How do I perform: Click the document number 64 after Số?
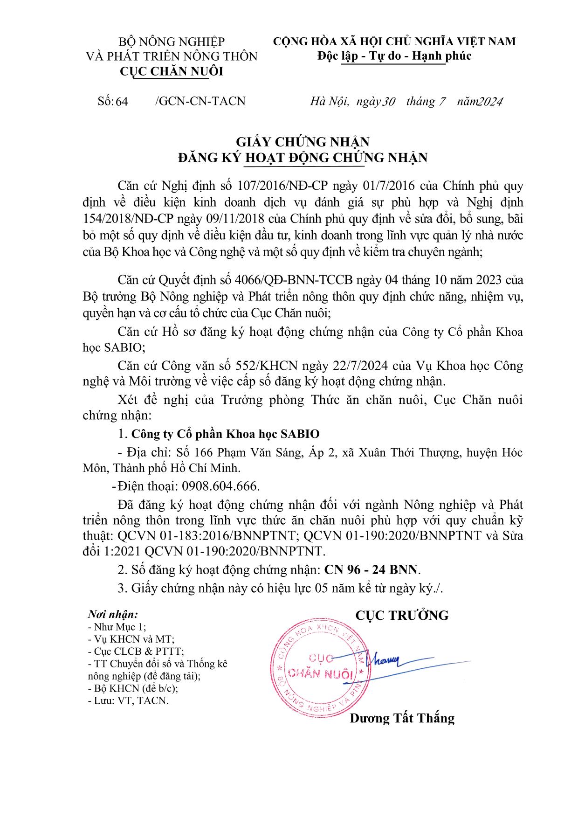[122, 101]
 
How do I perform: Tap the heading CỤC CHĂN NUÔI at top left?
[172, 71]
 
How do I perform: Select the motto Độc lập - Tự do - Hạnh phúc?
[394, 56]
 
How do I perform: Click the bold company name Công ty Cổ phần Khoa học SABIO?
[226, 434]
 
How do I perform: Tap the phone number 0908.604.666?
[220, 486]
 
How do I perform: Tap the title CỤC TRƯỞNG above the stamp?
[401, 615]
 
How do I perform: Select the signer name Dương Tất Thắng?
[402, 718]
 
